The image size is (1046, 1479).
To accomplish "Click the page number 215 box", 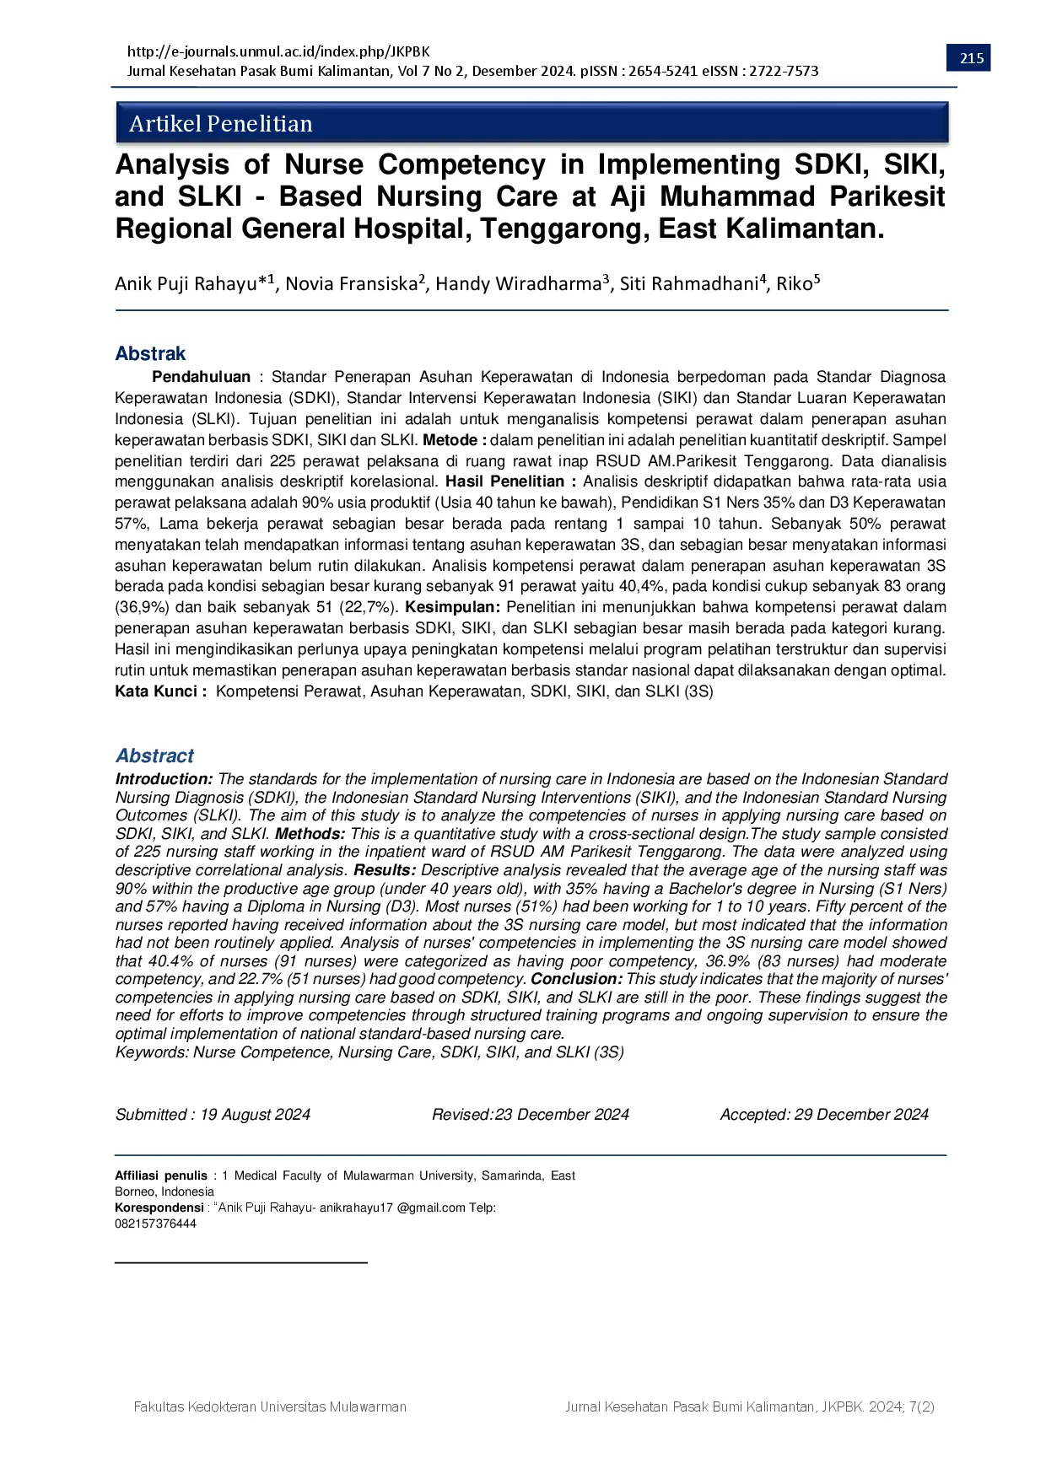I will (972, 58).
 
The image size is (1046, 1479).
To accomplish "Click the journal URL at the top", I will (278, 51).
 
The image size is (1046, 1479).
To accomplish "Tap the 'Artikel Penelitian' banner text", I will (221, 124).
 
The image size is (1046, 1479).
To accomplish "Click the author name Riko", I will (795, 284).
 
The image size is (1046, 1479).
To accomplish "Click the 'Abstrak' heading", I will (150, 353).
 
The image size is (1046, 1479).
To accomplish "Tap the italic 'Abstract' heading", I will (154, 756).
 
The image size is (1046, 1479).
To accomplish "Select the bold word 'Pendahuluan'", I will (201, 377).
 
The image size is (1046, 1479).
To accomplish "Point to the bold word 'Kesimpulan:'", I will (453, 607).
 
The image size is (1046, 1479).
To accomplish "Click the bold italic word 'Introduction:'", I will (164, 779).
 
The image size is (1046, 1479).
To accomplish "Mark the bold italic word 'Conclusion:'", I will (577, 979).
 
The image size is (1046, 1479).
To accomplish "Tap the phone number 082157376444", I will (155, 1224).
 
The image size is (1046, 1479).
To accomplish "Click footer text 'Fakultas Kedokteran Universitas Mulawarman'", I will (270, 1406).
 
